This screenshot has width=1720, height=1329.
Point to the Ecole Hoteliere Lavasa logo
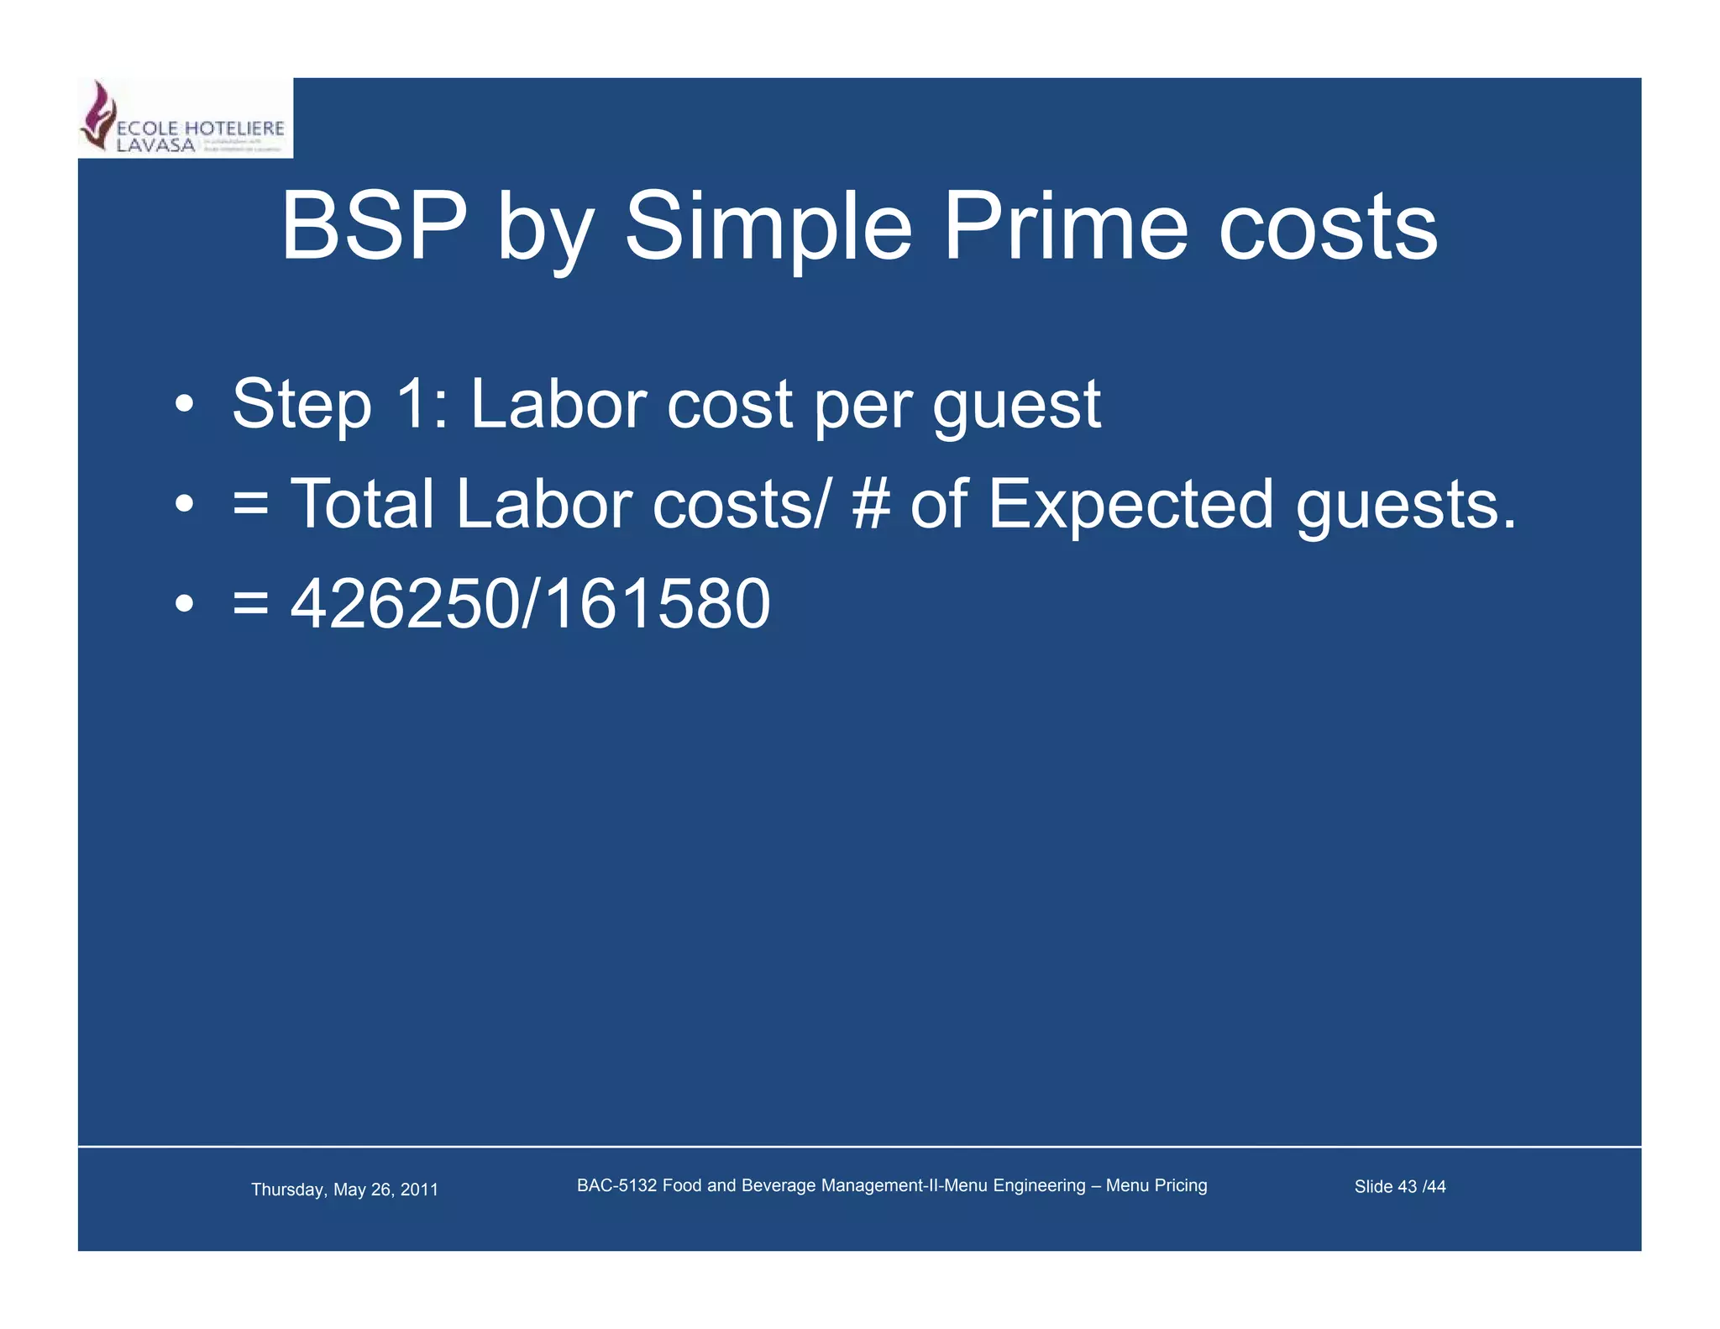(x=185, y=118)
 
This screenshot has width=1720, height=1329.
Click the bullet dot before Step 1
(x=185, y=406)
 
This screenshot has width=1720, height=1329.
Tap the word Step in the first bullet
(x=302, y=406)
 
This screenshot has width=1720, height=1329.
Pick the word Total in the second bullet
(x=362, y=504)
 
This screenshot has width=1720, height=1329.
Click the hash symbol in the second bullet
(x=871, y=504)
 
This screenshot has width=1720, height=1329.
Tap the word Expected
(x=1130, y=506)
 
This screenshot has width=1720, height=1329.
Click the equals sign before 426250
(x=250, y=605)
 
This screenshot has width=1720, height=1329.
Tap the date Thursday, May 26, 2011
(x=344, y=1190)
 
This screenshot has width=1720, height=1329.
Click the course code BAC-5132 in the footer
(x=616, y=1185)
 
